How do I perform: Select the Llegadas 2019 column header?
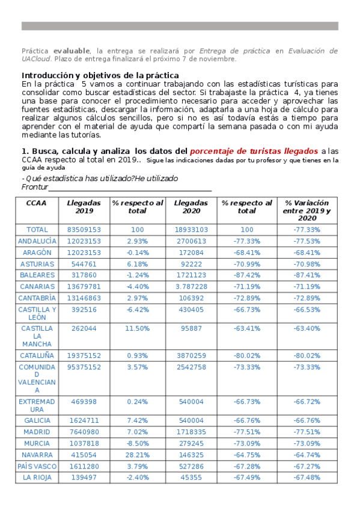point(84,207)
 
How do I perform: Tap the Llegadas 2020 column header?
point(191,207)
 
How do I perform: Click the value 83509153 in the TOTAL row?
point(84,230)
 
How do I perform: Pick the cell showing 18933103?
point(191,230)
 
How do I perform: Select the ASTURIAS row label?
point(37,264)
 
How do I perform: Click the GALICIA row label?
point(37,421)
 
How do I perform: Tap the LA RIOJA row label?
point(37,478)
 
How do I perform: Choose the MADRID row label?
point(37,432)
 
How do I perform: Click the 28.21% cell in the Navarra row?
point(138,455)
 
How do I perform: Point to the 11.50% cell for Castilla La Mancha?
point(138,329)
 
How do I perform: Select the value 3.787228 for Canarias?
point(191,287)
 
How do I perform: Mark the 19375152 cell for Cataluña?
point(84,356)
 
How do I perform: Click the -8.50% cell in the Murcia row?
point(138,444)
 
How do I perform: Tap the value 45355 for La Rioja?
point(191,478)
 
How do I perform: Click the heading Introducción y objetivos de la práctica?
point(100,75)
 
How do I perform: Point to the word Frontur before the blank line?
point(34,188)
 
